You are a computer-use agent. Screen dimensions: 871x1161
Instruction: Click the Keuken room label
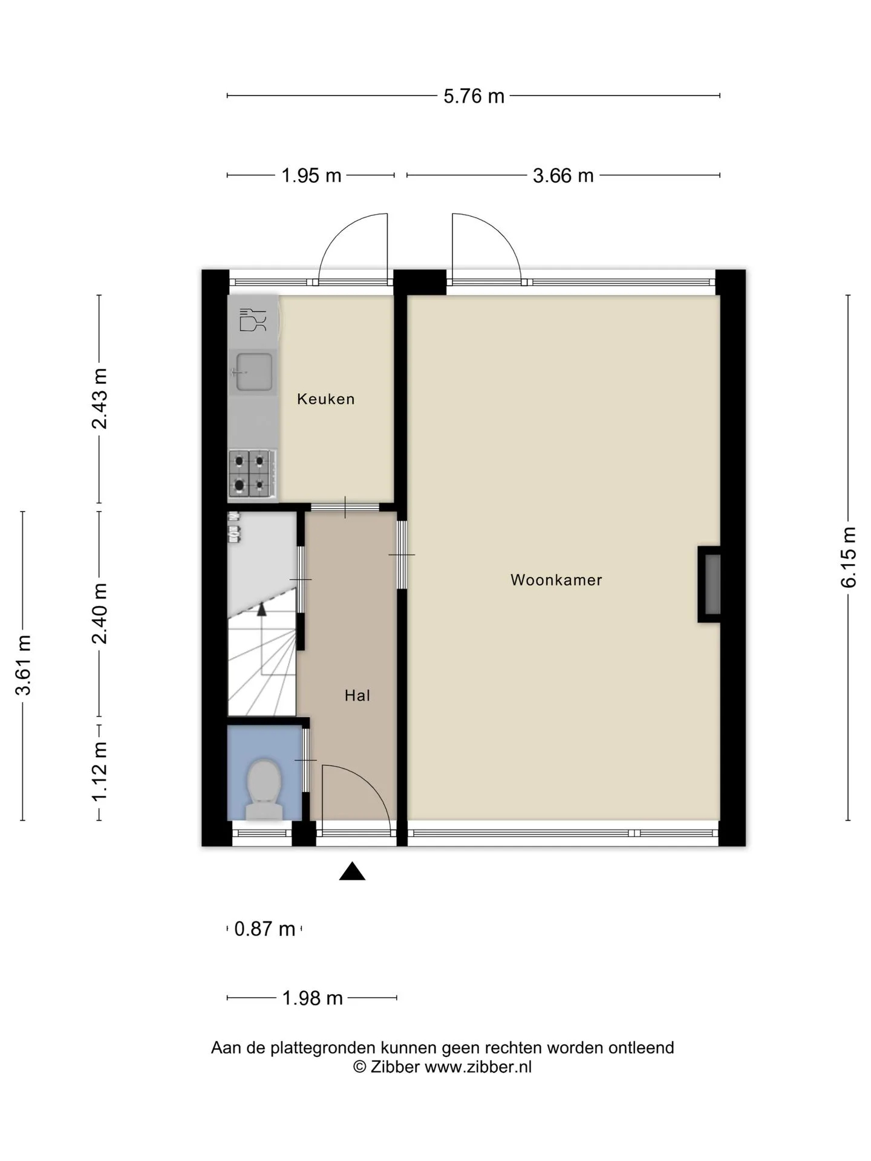pos(325,399)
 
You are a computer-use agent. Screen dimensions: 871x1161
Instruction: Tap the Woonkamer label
pos(556,580)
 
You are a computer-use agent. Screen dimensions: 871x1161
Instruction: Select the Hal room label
pos(357,695)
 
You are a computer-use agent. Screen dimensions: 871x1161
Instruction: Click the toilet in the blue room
pos(264,789)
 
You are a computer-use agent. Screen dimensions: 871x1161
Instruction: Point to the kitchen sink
pos(253,372)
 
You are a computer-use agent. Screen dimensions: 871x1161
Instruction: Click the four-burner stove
pos(252,473)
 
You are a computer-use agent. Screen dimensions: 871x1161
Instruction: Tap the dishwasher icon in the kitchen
pos(253,320)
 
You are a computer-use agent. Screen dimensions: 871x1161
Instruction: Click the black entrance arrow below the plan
pos(352,871)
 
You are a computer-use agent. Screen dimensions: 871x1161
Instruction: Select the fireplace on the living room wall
pos(709,584)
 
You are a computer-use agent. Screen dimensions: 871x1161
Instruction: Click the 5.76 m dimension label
pos(474,96)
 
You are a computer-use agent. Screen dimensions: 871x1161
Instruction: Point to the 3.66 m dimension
pos(563,175)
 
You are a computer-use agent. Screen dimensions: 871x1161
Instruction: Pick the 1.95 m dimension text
pos(312,175)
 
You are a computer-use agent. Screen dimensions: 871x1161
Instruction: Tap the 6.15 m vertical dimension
pos(848,557)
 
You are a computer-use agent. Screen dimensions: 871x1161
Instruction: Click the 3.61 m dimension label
pos(23,665)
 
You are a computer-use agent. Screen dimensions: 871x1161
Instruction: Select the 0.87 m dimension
pos(264,928)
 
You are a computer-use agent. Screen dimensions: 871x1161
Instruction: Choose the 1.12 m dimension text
pos(99,772)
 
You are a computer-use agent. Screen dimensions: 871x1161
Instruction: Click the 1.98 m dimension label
pos(313,998)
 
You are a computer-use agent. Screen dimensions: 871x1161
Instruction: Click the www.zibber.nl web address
pos(478,1067)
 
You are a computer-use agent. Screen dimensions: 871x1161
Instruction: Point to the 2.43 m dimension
pos(99,398)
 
